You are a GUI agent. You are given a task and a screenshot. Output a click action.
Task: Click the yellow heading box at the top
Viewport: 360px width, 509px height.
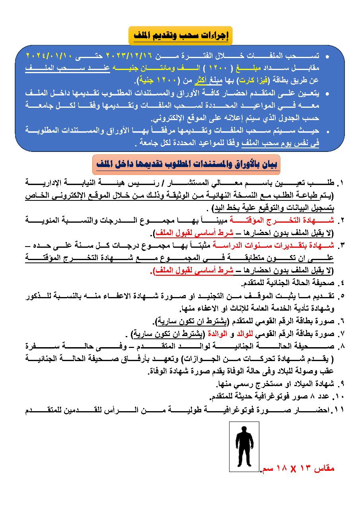[x=180, y=36]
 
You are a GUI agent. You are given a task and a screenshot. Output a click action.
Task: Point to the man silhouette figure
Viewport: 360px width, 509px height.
[x=244, y=447]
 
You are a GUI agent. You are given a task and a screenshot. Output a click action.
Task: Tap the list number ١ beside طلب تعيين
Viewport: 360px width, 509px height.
[x=341, y=184]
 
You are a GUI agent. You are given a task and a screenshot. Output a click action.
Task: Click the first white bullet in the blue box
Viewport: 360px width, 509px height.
[x=327, y=57]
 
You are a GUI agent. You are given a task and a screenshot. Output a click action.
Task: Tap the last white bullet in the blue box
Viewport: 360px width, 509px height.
[x=327, y=132]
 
